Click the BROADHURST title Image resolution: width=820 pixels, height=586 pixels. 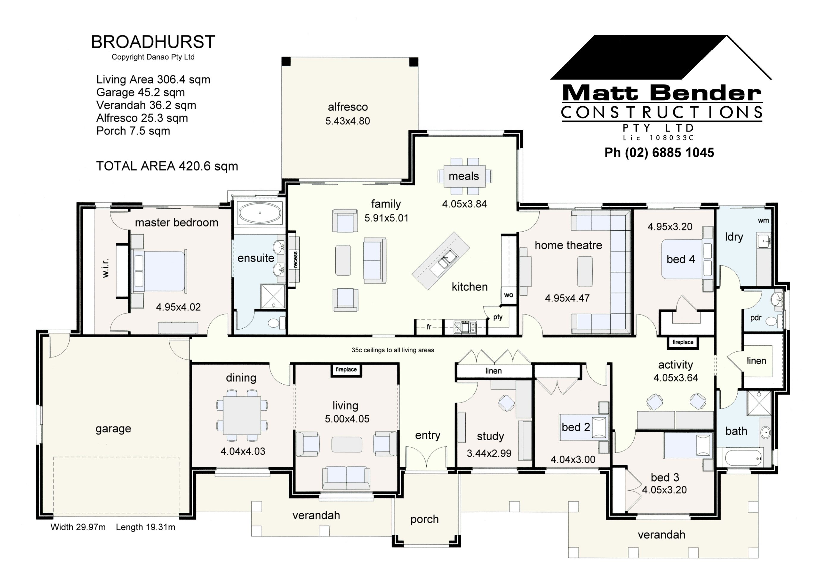153,42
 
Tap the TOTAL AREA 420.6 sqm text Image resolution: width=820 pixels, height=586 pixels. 167,166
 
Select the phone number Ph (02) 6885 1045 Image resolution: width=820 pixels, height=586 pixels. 659,153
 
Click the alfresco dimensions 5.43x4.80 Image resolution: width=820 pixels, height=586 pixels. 348,121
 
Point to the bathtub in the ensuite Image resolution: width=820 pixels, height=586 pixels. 260,213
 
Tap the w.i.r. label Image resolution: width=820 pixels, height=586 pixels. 105,268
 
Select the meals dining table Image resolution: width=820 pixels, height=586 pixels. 464,176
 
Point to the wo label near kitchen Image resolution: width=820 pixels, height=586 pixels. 508,295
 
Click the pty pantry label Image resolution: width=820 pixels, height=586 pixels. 498,317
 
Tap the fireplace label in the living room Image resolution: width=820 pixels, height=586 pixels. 346,370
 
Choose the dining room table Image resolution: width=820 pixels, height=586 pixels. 242,416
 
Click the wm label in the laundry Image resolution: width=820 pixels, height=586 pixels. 763,221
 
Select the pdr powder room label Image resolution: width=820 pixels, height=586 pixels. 756,318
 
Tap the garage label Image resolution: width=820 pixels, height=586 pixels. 113,429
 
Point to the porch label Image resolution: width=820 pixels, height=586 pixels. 424,519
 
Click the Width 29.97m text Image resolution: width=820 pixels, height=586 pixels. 78,527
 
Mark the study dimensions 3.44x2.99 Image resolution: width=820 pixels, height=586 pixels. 489,453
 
